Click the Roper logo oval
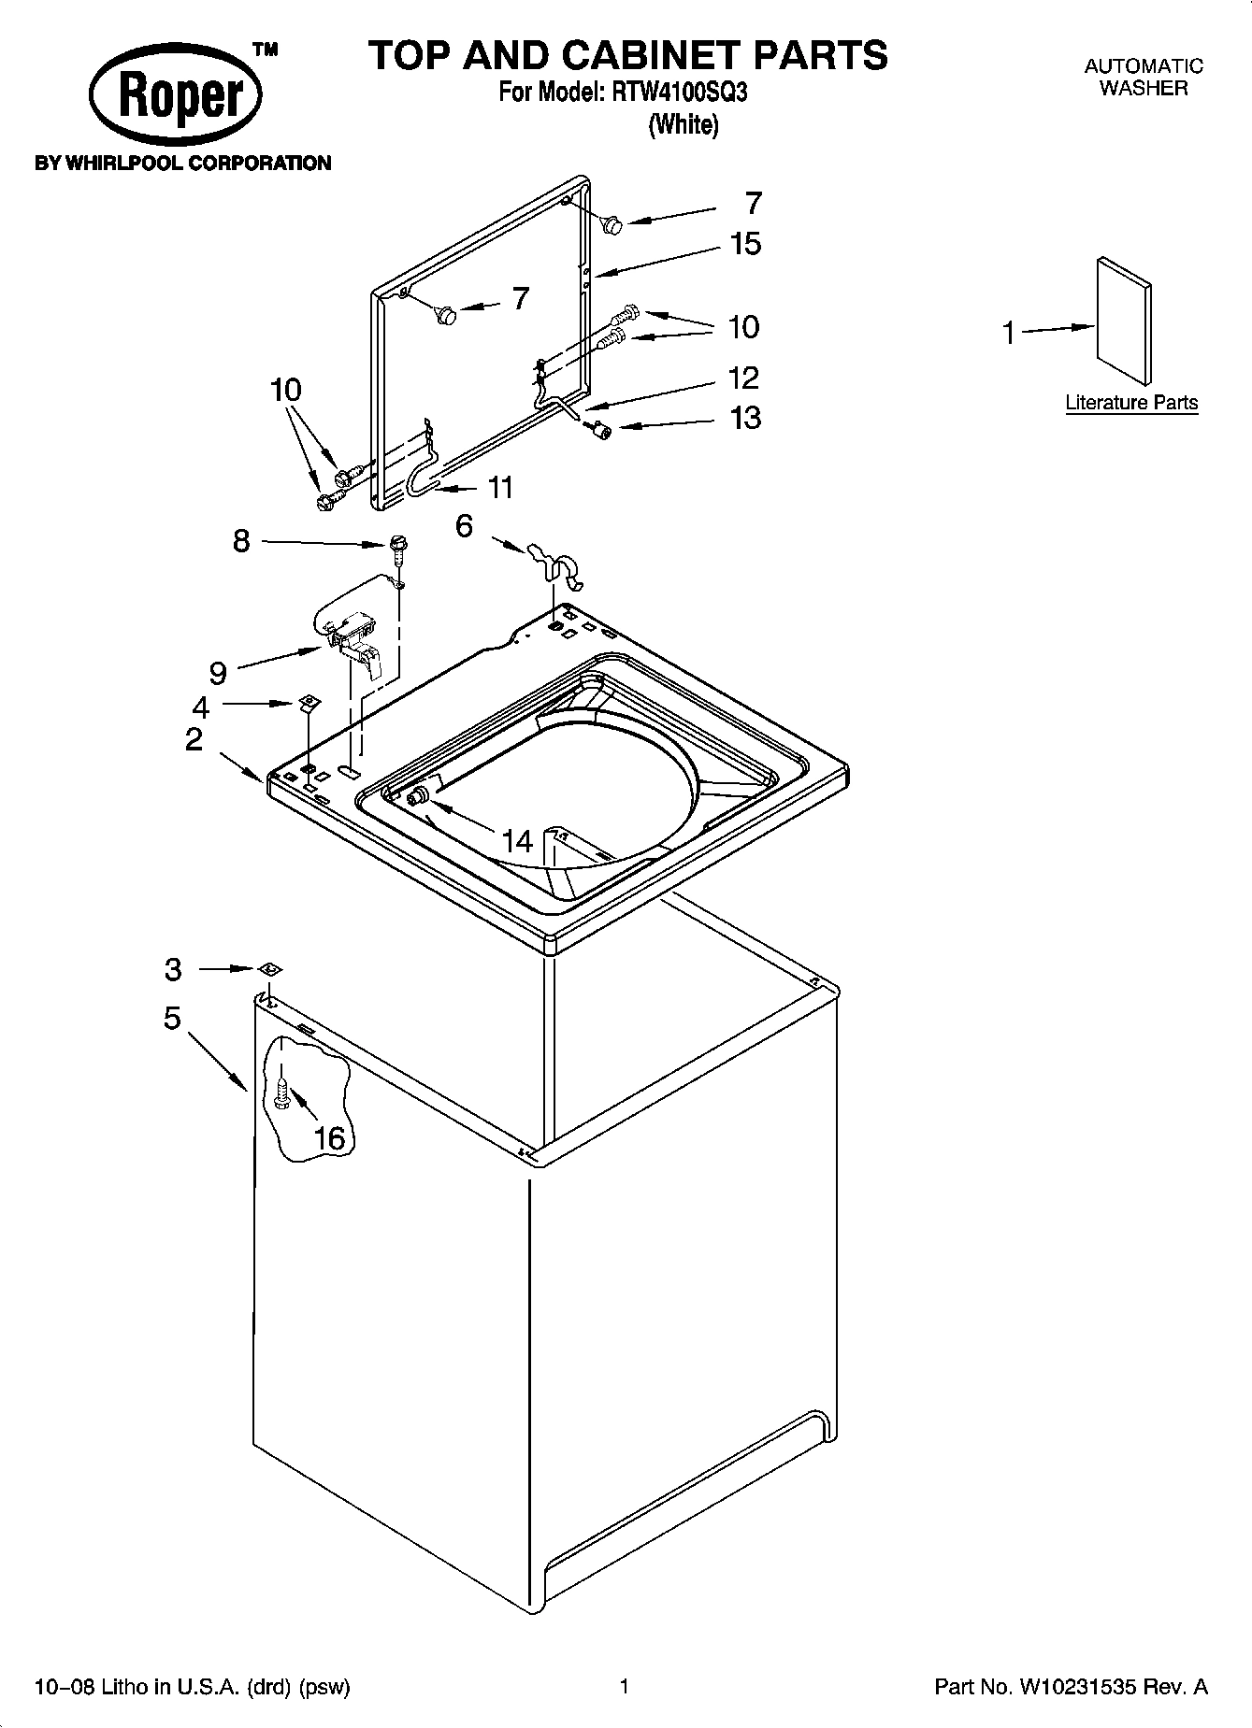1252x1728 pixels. (176, 98)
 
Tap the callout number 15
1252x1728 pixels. (745, 244)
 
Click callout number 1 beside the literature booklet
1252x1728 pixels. (1008, 333)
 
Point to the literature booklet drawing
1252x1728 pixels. (1123, 321)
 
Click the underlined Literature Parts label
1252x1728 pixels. (1131, 403)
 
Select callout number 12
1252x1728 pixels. (743, 378)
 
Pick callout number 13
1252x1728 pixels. (745, 418)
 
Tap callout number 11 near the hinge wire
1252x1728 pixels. (500, 487)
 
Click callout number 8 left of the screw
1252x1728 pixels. (241, 540)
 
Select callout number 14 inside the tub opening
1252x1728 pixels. (516, 841)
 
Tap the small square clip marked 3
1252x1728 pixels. (269, 969)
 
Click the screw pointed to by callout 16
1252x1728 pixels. (281, 1093)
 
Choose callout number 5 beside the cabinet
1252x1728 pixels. (172, 1017)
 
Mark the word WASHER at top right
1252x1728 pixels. (1143, 89)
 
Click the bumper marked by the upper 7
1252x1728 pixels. (612, 223)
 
